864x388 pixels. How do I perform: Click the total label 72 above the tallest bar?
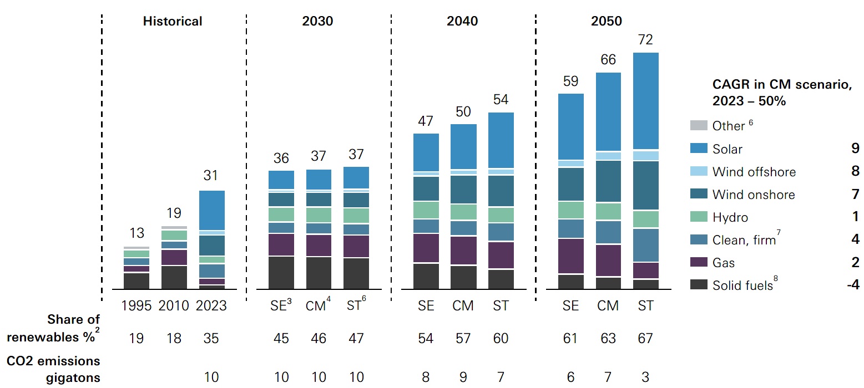click(645, 40)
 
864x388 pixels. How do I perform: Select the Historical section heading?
click(173, 22)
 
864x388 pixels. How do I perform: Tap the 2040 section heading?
click(462, 22)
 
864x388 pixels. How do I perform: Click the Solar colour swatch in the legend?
click(699, 149)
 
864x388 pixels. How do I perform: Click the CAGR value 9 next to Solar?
click(855, 149)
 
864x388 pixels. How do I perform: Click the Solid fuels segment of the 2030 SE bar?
click(281, 272)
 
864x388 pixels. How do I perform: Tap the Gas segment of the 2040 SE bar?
click(426, 248)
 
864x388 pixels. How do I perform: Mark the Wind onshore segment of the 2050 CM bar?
click(608, 181)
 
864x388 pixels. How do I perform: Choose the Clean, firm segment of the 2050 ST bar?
click(645, 245)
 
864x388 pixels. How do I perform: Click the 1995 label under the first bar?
click(136, 306)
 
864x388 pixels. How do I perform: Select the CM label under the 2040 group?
click(463, 306)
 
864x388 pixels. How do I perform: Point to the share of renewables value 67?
click(645, 338)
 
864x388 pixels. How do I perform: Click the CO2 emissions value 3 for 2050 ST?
click(645, 377)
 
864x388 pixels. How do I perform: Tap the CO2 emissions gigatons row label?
click(53, 369)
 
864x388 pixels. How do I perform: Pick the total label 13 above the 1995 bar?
click(136, 233)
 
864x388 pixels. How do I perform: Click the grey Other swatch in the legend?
click(699, 126)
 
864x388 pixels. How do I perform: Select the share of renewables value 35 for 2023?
click(211, 338)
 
